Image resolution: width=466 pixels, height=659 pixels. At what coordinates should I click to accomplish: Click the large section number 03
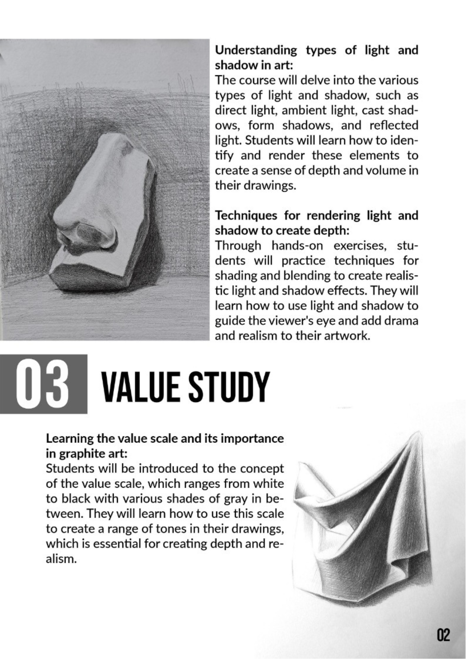tap(44, 384)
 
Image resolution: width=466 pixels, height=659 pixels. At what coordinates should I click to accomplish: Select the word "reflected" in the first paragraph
tap(393, 126)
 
